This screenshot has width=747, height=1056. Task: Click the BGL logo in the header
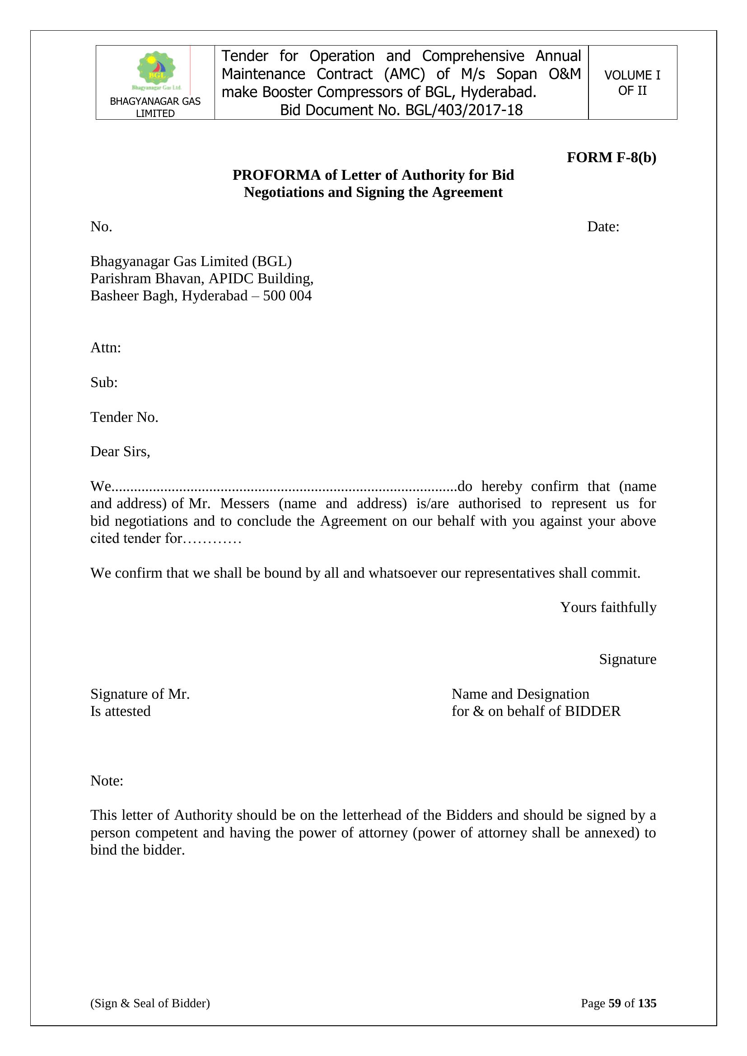click(x=156, y=70)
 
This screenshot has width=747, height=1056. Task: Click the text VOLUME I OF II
click(x=632, y=83)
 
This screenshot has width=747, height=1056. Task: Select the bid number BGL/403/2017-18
click(x=464, y=110)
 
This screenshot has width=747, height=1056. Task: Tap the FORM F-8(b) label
click(x=612, y=157)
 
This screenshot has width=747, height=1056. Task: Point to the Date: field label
click(x=603, y=227)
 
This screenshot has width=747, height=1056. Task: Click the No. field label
click(x=101, y=227)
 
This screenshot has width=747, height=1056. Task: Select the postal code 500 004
click(x=288, y=296)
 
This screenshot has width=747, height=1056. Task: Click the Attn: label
click(x=105, y=348)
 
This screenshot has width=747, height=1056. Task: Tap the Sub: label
click(x=104, y=382)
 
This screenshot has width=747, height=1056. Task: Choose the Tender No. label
click(x=124, y=417)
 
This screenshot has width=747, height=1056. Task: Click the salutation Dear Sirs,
click(x=120, y=452)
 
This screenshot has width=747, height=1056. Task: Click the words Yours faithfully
click(x=608, y=607)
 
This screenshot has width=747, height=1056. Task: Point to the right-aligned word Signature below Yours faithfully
click(x=627, y=659)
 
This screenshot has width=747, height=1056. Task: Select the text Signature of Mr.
click(x=140, y=694)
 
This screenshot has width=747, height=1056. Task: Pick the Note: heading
click(x=107, y=780)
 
